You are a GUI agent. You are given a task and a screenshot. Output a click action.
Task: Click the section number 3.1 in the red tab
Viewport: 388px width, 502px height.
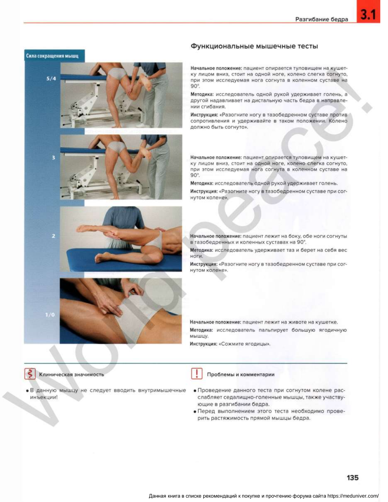pos(368,14)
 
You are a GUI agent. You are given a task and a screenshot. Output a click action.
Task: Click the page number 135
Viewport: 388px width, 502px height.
pos(353,478)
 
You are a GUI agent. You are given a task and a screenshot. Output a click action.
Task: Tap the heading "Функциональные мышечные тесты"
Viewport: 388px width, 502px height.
pos(254,46)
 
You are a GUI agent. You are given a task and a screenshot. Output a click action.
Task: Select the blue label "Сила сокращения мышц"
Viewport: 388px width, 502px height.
pos(52,56)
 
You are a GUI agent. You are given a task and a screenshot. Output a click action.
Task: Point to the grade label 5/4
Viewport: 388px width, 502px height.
pos(51,78)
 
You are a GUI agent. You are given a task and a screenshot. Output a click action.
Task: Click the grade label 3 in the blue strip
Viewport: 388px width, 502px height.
pos(53,158)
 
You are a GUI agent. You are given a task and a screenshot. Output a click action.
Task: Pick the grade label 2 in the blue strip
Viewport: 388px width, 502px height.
pos(53,236)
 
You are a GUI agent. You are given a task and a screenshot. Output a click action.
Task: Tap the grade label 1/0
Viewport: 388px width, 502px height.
pos(50,315)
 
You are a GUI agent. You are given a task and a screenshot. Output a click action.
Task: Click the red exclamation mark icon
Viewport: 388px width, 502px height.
pos(197,373)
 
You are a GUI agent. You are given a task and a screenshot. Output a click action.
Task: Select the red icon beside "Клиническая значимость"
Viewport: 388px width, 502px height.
pos(30,374)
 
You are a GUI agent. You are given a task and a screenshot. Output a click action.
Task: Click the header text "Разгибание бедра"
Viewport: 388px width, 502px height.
pos(322,19)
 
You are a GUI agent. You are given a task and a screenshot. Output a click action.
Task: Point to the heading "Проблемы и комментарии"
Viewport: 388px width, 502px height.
pos(241,375)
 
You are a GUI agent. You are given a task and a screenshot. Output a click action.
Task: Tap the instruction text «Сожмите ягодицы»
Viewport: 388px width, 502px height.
pos(244,344)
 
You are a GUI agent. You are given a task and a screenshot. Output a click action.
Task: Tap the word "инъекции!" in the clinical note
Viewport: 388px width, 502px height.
pos(44,397)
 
